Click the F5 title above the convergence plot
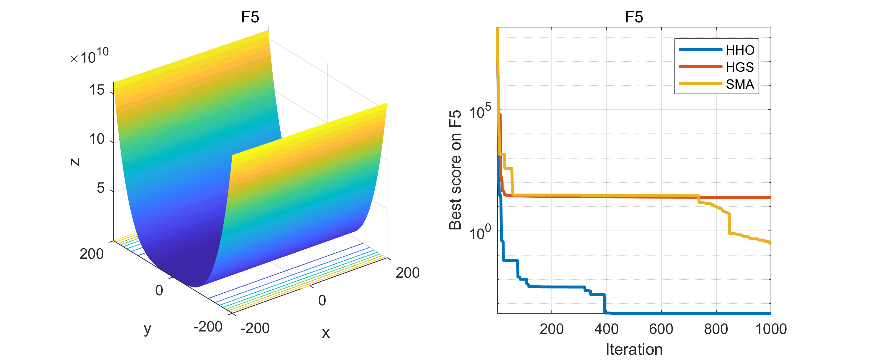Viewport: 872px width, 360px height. pos(634,17)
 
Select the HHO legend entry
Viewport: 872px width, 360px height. pos(740,50)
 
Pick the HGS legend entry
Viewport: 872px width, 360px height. pos(740,67)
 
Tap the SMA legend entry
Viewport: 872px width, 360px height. pos(740,84)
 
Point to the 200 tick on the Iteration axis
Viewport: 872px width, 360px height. pos(551,329)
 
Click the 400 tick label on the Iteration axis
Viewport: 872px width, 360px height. pos(606,329)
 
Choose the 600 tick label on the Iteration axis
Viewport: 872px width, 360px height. pos(661,329)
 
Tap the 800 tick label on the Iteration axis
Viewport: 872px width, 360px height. pos(716,329)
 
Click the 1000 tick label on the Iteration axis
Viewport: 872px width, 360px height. pos(771,329)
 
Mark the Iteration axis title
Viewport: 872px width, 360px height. pos(634,349)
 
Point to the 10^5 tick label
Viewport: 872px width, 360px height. pos(480,111)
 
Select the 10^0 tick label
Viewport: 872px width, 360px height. pos(480,233)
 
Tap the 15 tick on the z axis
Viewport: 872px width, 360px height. pos(97,90)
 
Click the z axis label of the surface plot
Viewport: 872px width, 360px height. pos(75,162)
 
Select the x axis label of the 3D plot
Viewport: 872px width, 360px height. pos(325,333)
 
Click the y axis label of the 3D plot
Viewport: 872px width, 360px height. pos(147,329)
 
